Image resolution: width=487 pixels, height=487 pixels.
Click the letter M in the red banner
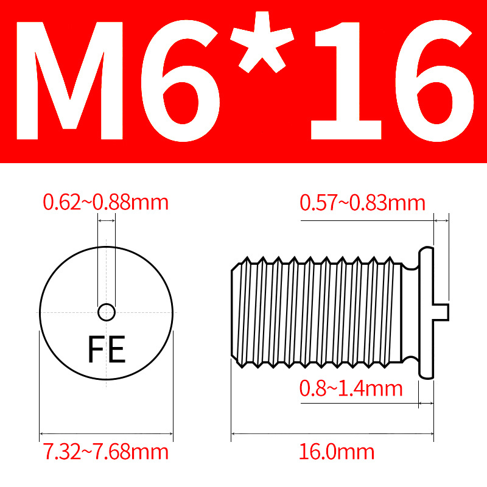click(x=69, y=81)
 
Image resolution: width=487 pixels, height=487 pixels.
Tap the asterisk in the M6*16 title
click(x=262, y=42)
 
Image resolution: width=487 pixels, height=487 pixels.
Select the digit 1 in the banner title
click(x=346, y=81)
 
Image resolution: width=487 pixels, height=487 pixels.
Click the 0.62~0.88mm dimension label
click(x=105, y=203)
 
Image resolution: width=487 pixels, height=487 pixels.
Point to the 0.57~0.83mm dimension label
click(x=362, y=203)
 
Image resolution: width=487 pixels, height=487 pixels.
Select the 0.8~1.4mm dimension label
click(x=351, y=388)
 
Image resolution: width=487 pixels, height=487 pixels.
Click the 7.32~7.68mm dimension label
click(x=106, y=452)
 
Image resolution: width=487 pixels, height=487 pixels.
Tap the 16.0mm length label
click(x=337, y=452)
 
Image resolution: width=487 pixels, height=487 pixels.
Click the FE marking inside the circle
click(x=107, y=349)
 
